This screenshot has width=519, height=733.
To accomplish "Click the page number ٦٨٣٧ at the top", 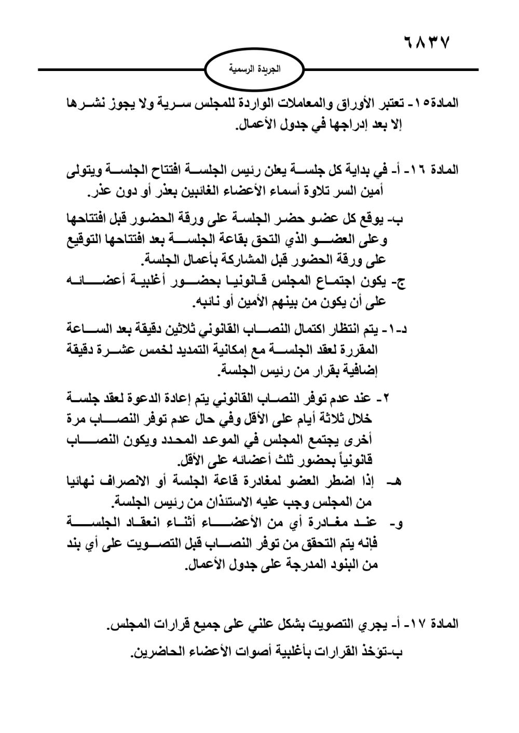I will [x=426, y=41].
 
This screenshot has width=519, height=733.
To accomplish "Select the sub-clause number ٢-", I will [x=386, y=399].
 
